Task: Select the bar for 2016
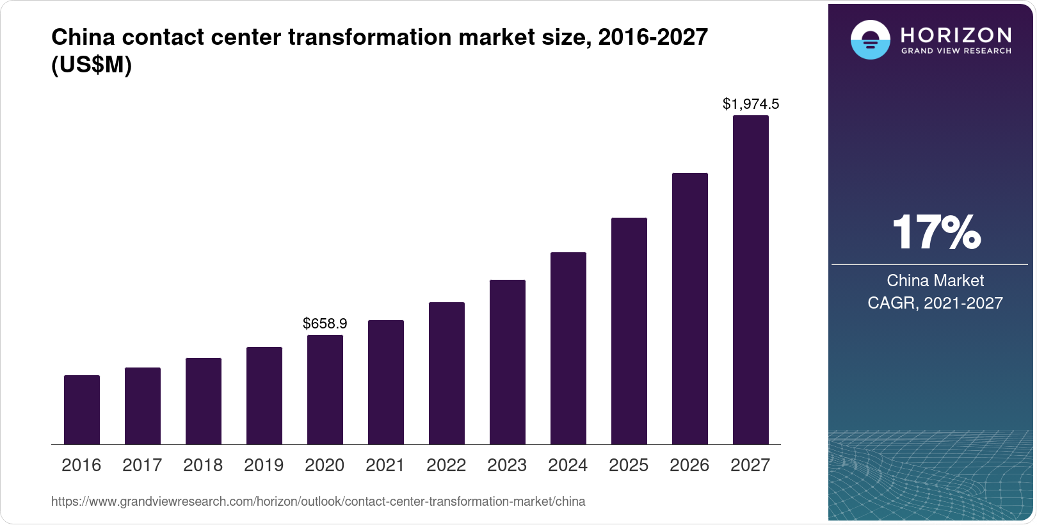[82, 410]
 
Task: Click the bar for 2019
[264, 396]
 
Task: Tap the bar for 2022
[447, 373]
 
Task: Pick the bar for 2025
[629, 331]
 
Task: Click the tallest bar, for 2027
[751, 280]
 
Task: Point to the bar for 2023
[508, 362]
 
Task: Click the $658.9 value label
[325, 323]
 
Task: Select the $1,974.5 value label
[751, 104]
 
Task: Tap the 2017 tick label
[142, 465]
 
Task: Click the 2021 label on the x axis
[385, 465]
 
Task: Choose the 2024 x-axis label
[568, 465]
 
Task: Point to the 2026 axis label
[689, 465]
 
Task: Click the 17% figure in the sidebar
[936, 232]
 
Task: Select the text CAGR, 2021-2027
[935, 303]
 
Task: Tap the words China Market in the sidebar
[935, 280]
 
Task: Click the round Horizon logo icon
[871, 40]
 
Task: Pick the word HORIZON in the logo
[956, 35]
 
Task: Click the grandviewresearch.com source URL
[318, 501]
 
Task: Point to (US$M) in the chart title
[92, 65]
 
